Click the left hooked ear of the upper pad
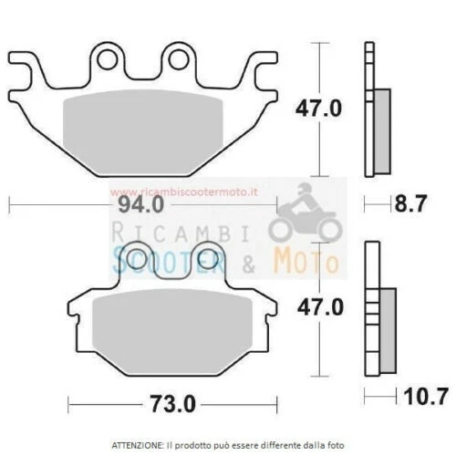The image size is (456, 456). click(27, 66)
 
